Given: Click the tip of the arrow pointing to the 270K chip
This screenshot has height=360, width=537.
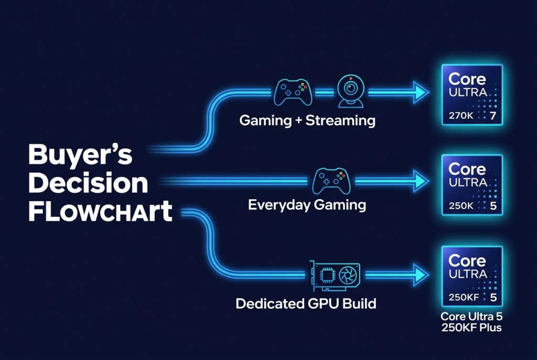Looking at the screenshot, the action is point(429,92).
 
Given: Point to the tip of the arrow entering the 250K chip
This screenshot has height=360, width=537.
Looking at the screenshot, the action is point(429,181).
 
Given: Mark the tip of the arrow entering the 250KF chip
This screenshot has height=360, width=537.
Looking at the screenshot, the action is point(429,275).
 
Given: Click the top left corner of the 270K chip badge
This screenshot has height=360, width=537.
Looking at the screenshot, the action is point(442,64).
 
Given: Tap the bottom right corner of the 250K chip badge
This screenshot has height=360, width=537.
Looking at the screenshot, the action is point(503,215).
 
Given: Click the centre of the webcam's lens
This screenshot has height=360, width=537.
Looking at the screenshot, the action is point(350,88).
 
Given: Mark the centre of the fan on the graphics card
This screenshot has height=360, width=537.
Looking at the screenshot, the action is point(348,276).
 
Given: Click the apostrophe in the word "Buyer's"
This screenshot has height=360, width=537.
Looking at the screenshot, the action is point(113,148).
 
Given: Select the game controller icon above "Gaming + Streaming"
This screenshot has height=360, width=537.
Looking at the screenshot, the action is point(293,92).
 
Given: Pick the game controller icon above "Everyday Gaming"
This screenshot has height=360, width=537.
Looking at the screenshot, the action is point(331,181).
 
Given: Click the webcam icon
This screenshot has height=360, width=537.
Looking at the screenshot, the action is point(350,91).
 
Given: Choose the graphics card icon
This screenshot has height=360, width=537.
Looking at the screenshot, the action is point(335,276).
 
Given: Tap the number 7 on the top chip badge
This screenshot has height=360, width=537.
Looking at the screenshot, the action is point(493,116).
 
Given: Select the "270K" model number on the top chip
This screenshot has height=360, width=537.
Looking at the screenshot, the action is point(461,116).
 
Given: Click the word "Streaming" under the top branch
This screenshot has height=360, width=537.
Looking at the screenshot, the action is point(340,121).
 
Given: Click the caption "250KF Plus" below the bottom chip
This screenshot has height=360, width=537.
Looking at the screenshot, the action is point(471,328).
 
